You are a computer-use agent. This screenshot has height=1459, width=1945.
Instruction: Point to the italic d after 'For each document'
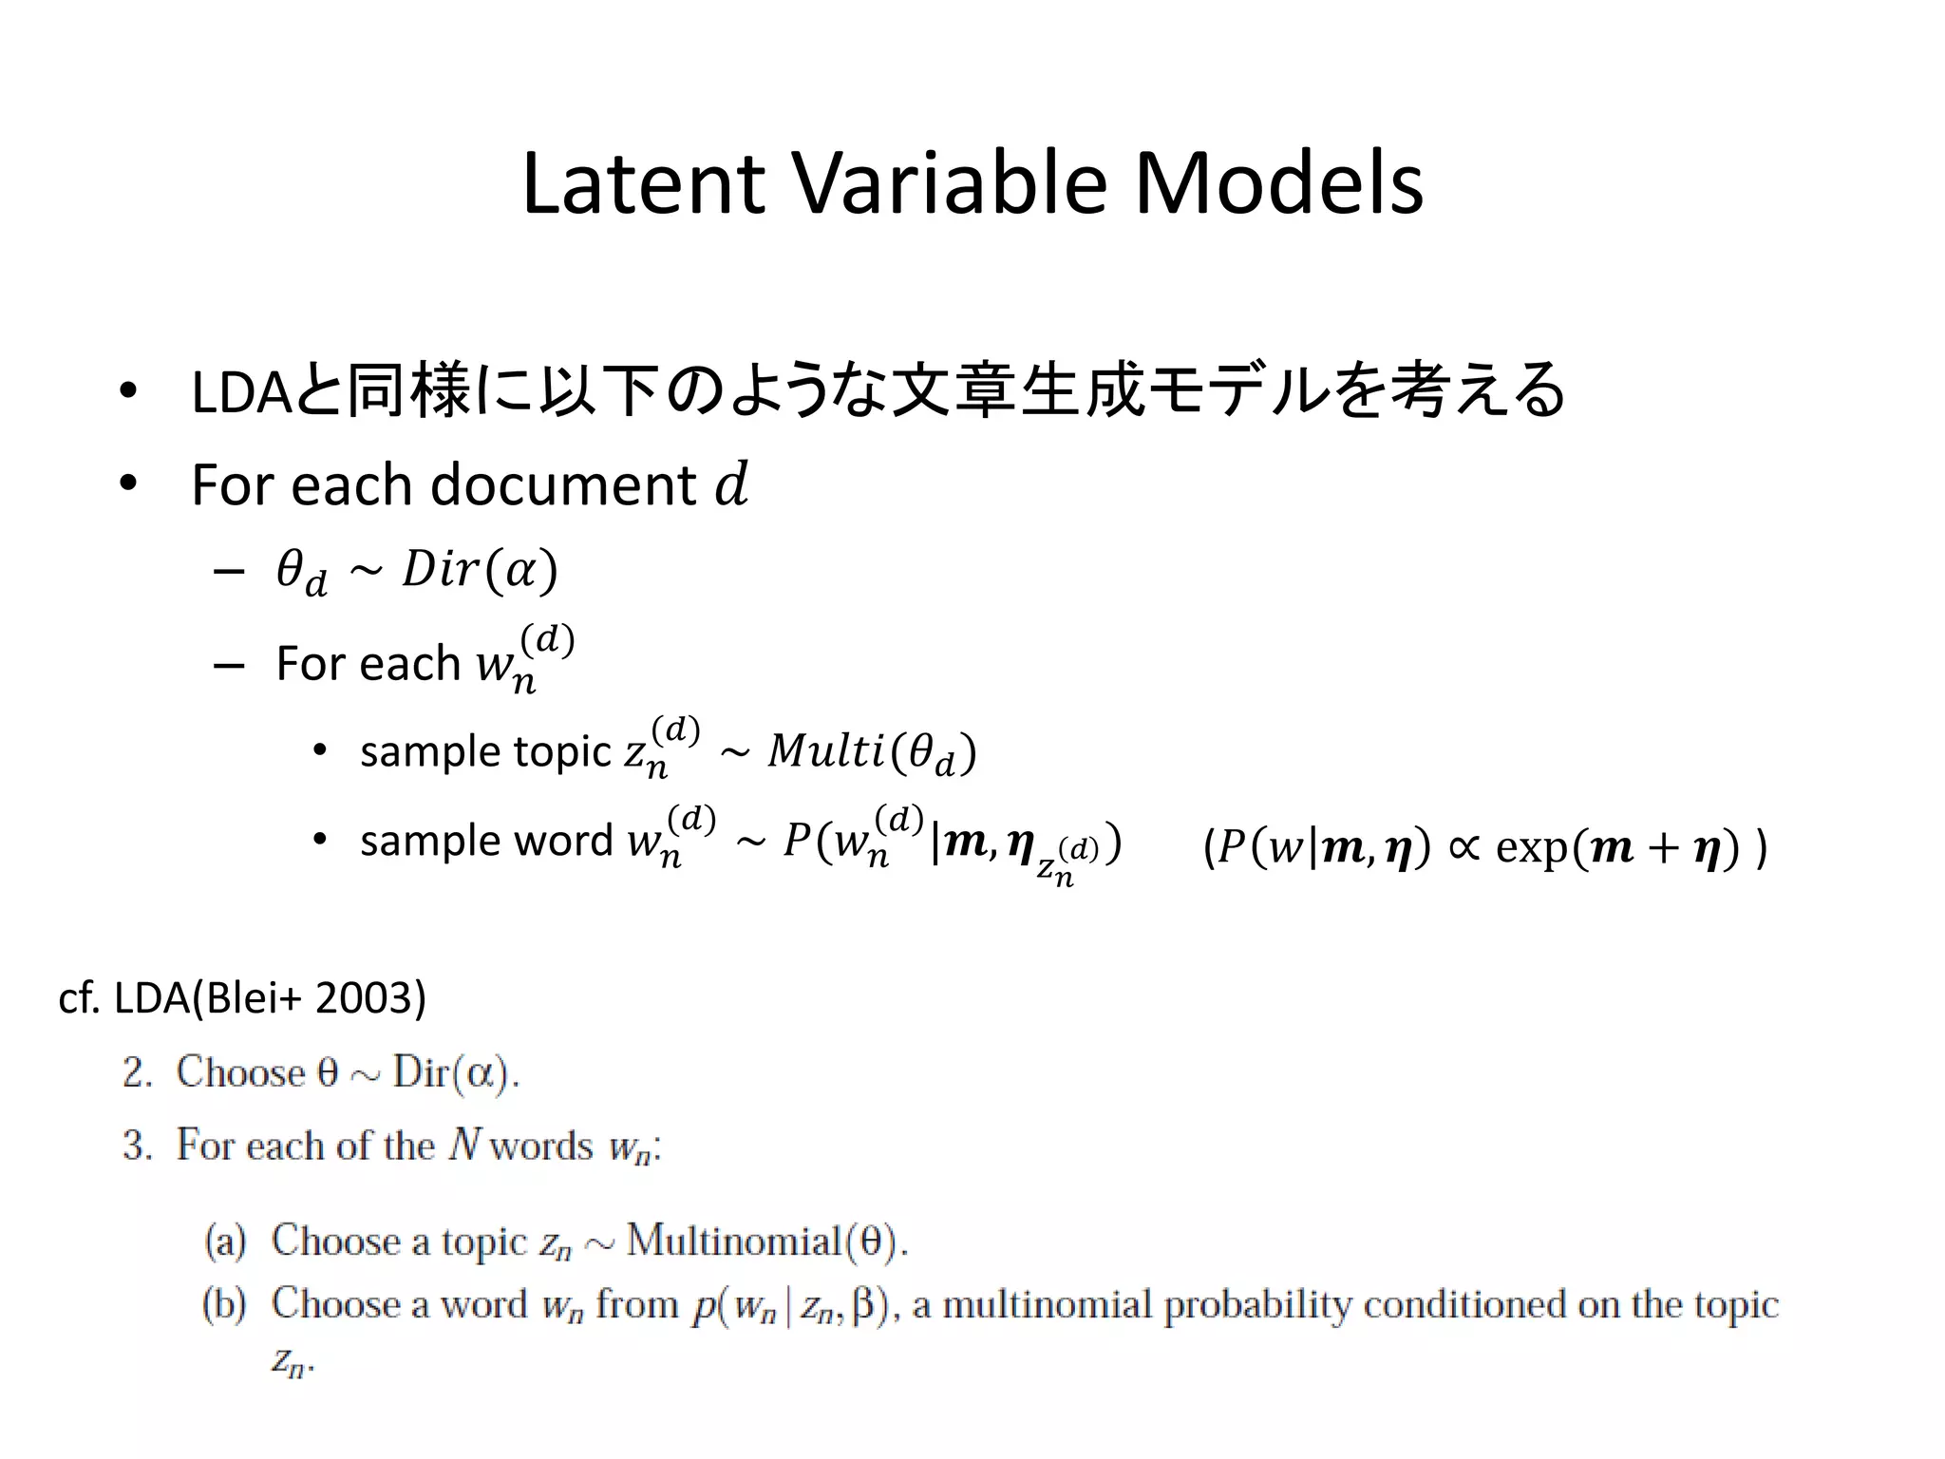click(x=731, y=484)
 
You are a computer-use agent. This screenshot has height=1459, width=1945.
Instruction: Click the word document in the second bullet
click(x=564, y=485)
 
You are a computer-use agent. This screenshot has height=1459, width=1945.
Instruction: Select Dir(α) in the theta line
click(x=480, y=570)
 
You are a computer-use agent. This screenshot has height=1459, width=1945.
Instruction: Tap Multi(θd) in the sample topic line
click(x=872, y=752)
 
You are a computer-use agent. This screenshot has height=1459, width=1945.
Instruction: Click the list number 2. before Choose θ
click(x=138, y=1073)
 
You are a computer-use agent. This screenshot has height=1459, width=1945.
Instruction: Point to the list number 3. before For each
click(x=138, y=1146)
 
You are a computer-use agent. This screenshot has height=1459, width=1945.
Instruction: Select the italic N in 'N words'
click(x=465, y=1145)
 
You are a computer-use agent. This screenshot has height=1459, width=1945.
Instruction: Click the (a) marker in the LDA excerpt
click(x=225, y=1241)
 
